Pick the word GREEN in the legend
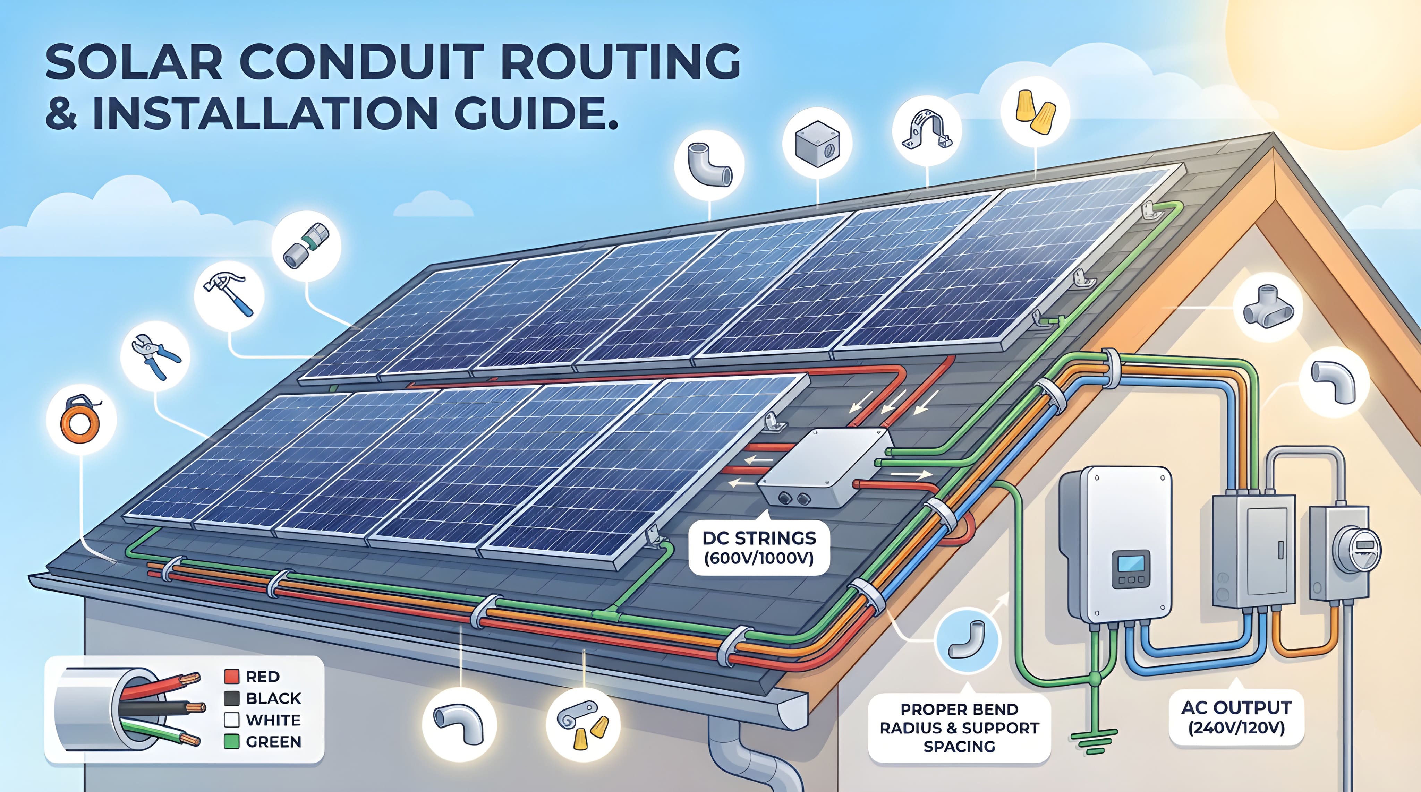(x=274, y=742)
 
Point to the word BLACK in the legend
(x=274, y=698)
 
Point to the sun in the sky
(x=1346, y=61)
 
